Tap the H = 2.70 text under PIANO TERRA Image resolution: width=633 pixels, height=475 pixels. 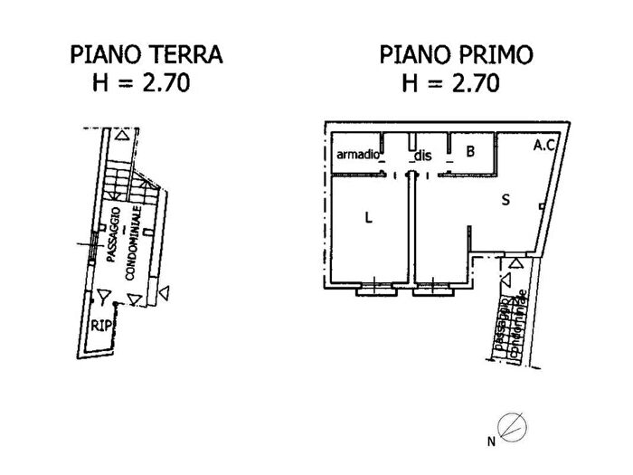(x=141, y=86)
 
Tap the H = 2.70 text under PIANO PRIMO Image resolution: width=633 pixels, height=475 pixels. (x=450, y=86)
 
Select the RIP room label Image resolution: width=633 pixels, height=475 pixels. (x=100, y=326)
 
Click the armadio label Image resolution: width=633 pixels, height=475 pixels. (x=356, y=155)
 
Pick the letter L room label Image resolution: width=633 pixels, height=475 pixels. (x=368, y=217)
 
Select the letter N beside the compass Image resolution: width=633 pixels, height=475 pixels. (x=491, y=442)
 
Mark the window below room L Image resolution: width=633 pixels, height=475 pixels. (x=373, y=290)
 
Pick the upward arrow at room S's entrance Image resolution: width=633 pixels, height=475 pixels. (x=515, y=263)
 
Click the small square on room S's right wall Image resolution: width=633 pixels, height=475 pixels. (x=540, y=207)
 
